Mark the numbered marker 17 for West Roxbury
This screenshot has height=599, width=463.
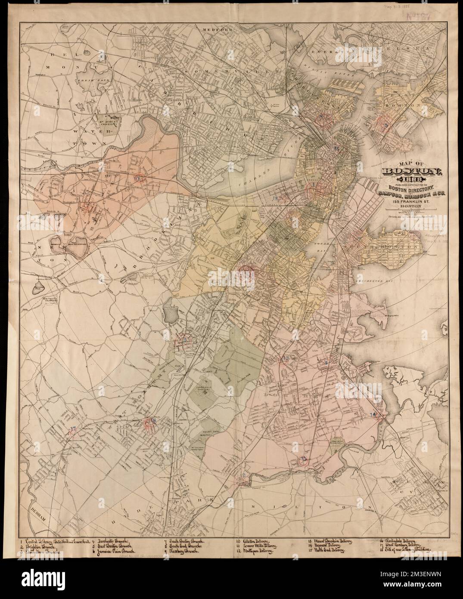[x=73, y=429]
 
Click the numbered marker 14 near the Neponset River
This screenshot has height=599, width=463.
[x=373, y=415]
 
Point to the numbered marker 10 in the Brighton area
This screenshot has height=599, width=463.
[x=137, y=178]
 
